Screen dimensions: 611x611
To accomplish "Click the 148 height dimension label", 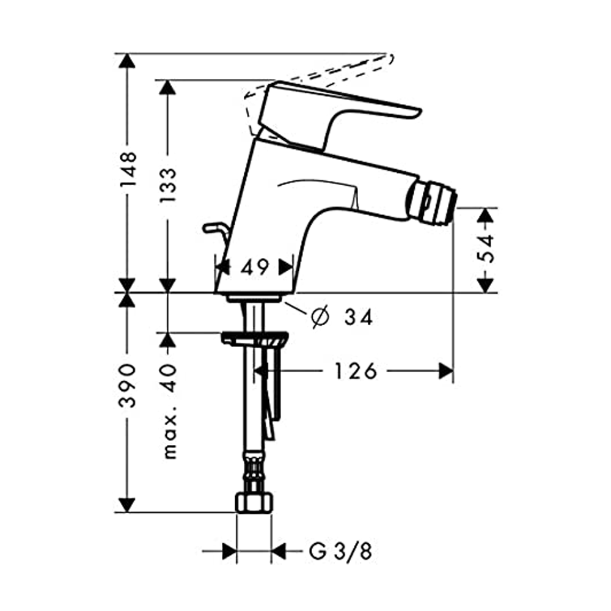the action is (128, 169).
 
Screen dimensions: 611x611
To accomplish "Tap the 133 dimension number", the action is (168, 185).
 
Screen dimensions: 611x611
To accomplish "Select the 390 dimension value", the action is (128, 386).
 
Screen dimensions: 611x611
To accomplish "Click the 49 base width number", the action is (254, 267).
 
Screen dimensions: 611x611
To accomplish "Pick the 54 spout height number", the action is (486, 248).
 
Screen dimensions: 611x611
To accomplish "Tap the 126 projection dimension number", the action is (356, 371).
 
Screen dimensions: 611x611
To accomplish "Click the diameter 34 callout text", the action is (342, 317).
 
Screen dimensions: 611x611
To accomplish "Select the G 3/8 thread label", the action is (340, 551).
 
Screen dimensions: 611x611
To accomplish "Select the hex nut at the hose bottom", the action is (254, 502).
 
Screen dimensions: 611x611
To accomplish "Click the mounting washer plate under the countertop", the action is (255, 338).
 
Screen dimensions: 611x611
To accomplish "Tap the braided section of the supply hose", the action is (254, 472).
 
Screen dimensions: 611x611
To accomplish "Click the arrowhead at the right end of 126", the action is (446, 371).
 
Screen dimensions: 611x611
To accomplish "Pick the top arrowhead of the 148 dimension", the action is (127, 60).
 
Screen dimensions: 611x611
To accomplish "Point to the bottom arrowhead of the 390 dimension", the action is (127, 505).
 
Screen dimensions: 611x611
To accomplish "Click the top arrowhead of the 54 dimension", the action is (486, 215).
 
